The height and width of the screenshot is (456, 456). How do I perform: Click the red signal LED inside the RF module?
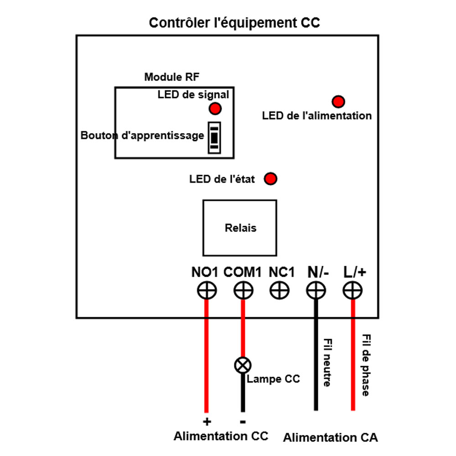[215, 109]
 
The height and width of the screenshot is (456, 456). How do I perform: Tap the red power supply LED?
[338, 101]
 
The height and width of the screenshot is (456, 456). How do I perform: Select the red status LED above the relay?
[271, 179]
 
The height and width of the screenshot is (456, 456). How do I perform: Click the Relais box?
[240, 228]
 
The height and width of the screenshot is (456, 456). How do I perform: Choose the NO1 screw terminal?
[207, 290]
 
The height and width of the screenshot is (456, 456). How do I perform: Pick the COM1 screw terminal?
[243, 290]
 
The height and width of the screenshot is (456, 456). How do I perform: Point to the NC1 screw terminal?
[279, 290]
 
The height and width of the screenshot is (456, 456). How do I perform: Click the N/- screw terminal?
[315, 290]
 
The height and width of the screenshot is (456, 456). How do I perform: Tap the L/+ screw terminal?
[352, 290]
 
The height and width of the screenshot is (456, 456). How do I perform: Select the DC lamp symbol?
[243, 365]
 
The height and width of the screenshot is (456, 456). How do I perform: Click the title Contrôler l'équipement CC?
[234, 23]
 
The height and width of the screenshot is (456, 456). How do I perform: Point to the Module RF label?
[171, 77]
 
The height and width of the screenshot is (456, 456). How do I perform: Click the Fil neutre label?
[327, 363]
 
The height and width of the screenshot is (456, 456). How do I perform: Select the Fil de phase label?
[365, 365]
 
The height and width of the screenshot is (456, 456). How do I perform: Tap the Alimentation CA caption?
[330, 438]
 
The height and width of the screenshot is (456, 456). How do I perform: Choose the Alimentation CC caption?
[221, 436]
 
